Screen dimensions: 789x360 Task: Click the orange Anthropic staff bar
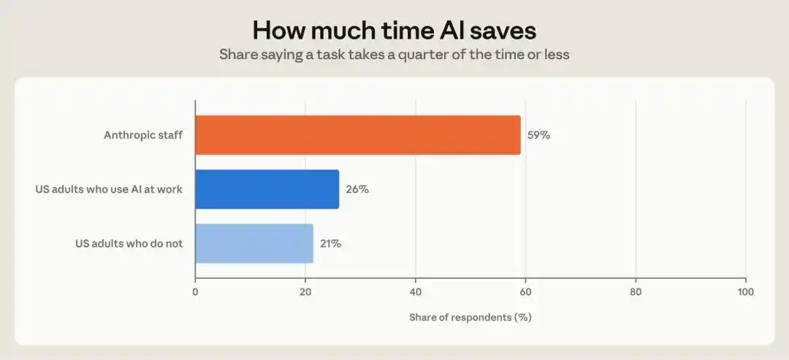tap(358, 135)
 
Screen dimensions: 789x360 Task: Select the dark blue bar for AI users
tap(267, 189)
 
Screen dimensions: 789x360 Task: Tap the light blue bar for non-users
tap(254, 243)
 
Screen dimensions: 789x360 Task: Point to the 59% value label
tap(538, 135)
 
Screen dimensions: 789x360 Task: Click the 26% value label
tap(357, 190)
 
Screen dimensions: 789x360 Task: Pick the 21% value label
tap(331, 244)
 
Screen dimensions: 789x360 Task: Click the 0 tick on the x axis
tap(195, 291)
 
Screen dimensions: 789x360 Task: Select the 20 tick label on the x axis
tap(305, 291)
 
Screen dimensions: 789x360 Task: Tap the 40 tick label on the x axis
tap(416, 291)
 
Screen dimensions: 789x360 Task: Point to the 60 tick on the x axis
tap(526, 291)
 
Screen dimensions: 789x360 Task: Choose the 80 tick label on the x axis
tap(636, 291)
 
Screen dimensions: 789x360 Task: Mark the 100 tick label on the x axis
tap(746, 291)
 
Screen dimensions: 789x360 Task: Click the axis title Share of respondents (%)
tap(470, 318)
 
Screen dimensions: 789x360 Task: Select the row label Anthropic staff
tap(143, 135)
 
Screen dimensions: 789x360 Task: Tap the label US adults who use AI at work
tap(109, 190)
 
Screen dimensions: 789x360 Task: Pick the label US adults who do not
tap(129, 244)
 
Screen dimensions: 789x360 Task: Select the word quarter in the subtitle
tap(423, 54)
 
